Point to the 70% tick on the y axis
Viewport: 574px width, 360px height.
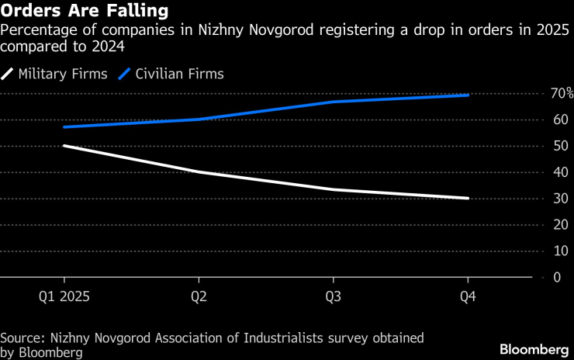[561, 93]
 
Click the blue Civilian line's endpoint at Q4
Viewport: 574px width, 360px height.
[469, 95]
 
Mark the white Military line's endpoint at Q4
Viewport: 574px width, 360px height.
[469, 198]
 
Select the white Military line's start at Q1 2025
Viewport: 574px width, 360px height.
[64, 145]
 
